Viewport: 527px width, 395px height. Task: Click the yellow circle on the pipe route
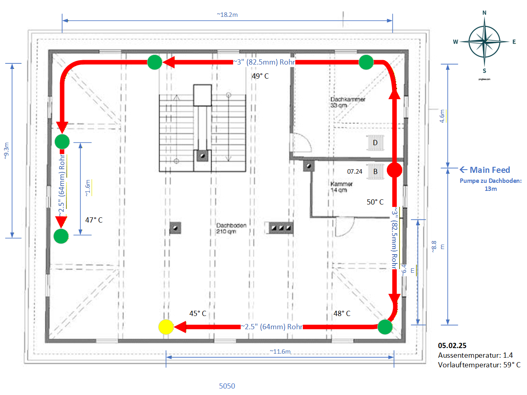pos(166,327)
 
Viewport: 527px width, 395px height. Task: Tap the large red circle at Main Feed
pos(394,170)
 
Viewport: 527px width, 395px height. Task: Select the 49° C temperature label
pos(260,76)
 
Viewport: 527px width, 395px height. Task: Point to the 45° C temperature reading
pos(197,313)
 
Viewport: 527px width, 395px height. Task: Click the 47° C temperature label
pos(94,220)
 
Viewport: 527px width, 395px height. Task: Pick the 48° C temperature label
pos(342,313)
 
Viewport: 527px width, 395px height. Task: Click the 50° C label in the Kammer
pos(375,202)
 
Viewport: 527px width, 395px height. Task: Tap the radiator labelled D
pos(375,143)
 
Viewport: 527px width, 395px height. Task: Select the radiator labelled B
pos(375,171)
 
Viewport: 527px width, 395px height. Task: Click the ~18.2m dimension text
pos(227,15)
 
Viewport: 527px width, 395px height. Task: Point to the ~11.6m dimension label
pos(280,351)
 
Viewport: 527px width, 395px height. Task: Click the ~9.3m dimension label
pos(6,150)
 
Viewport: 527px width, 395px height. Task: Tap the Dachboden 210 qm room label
pos(231,228)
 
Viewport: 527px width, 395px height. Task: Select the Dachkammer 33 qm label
pos(348,102)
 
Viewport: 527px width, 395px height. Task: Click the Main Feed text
pos(489,170)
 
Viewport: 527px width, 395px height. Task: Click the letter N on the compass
pos(484,13)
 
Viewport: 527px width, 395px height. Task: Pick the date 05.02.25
pos(452,345)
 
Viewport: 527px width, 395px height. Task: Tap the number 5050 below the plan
pos(227,386)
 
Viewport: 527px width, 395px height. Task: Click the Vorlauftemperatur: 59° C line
pos(479,365)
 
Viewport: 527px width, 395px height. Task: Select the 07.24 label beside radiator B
pos(354,171)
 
